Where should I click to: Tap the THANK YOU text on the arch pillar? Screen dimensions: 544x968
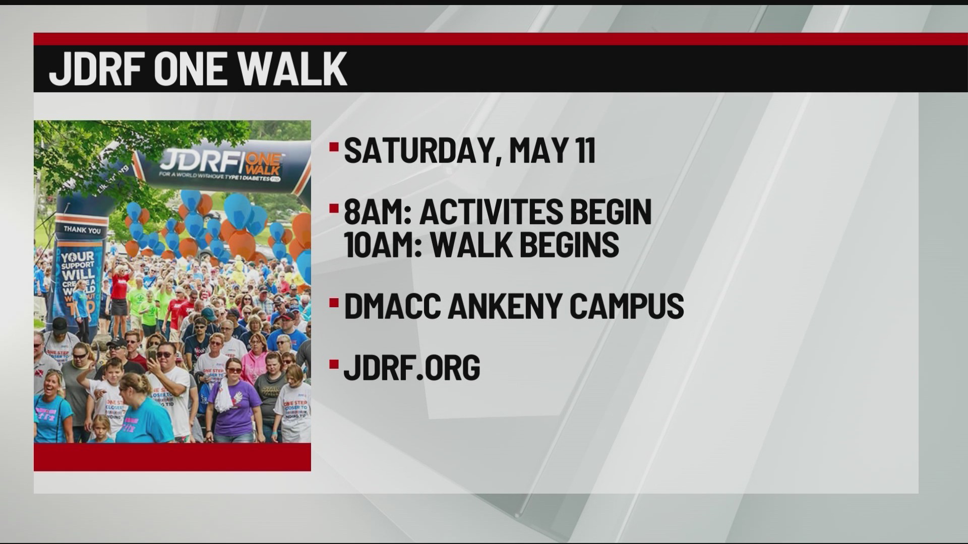pos(82,230)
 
